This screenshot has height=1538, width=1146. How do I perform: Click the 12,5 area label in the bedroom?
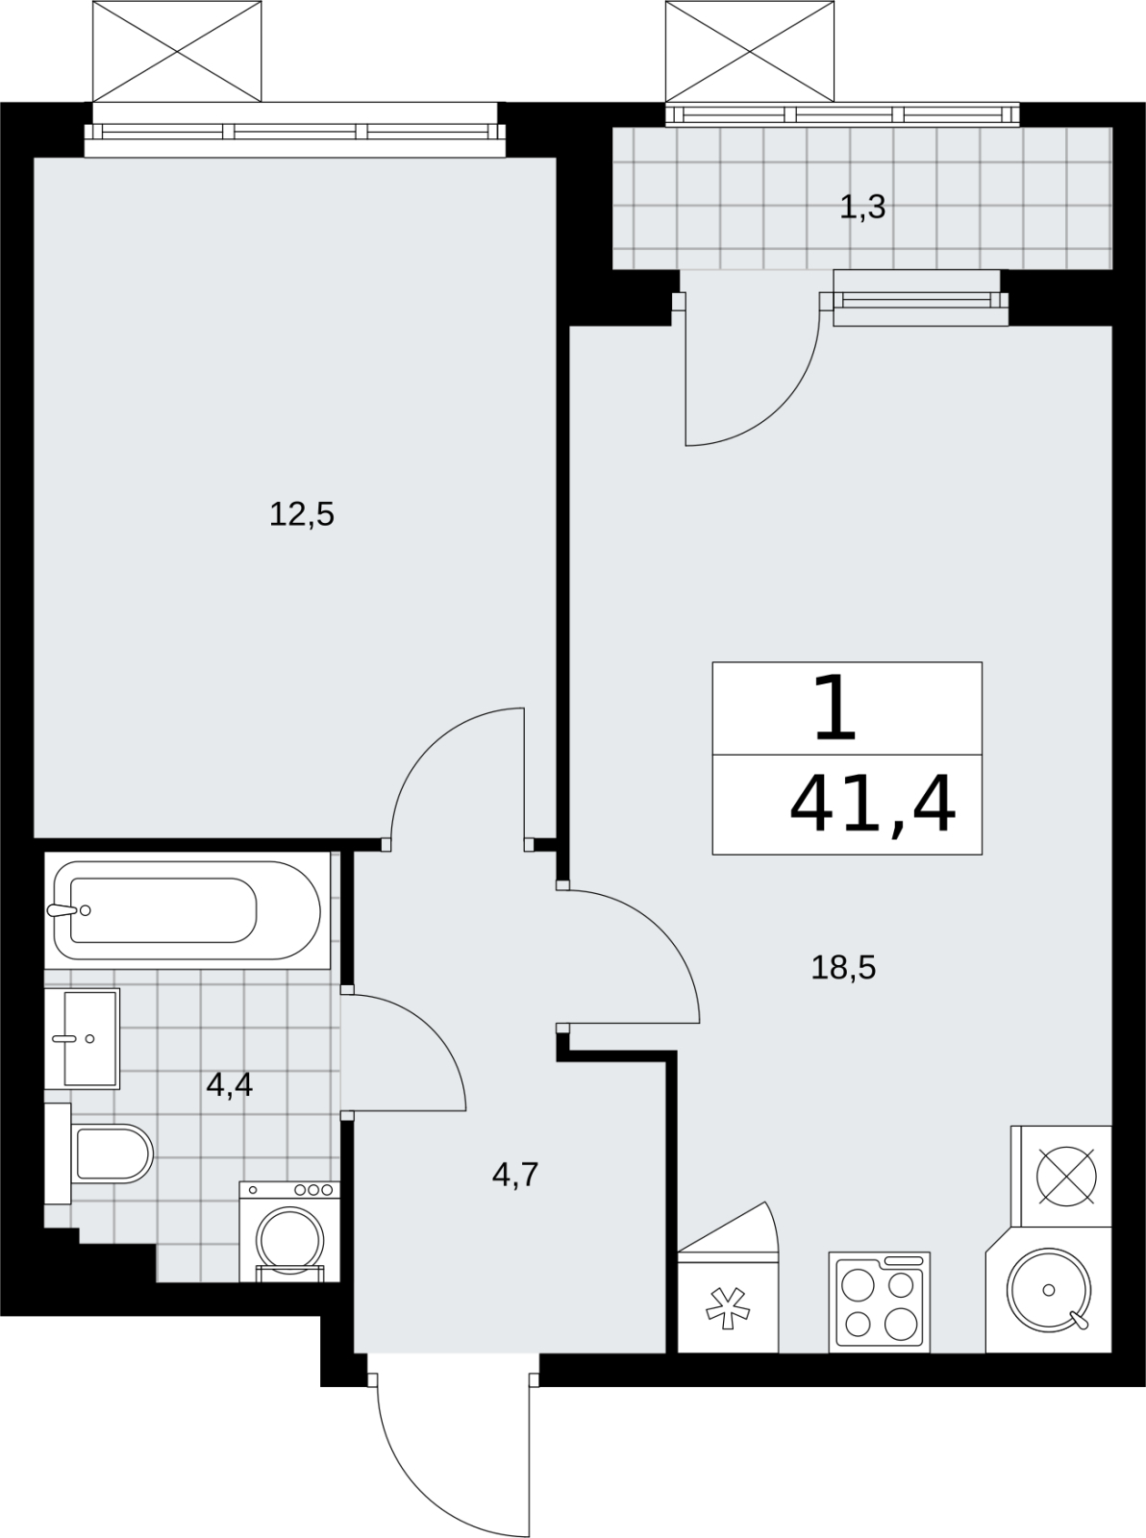tap(302, 515)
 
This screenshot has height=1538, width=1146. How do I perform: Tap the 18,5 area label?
tap(843, 967)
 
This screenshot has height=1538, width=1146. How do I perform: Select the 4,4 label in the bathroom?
tap(230, 1084)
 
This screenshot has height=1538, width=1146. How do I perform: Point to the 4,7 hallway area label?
tap(515, 1174)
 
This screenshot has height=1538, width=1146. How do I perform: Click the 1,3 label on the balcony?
tap(863, 207)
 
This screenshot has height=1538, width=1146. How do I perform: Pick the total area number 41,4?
tap(873, 806)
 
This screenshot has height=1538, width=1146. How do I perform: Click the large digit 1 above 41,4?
tap(835, 708)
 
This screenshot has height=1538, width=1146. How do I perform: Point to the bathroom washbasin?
tap(83, 1038)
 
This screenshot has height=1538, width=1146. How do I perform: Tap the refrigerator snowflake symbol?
tap(728, 1308)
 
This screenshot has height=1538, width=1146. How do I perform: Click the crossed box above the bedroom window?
tap(177, 51)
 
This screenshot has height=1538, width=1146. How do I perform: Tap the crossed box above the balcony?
tap(750, 51)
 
